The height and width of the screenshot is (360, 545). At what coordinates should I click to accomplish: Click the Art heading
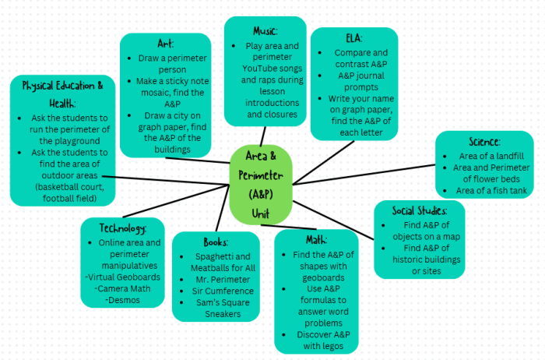[x=164, y=44]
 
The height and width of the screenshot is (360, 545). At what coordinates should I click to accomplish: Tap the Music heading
[x=265, y=30]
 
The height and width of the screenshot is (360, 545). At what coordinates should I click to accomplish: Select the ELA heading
[x=353, y=39]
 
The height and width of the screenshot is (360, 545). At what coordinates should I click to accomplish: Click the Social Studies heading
[x=420, y=211]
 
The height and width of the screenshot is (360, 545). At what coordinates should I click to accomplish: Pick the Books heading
[x=215, y=242]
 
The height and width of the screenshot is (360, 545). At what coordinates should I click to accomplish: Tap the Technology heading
[x=124, y=228]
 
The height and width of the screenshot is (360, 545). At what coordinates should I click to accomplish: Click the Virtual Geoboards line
[x=125, y=277]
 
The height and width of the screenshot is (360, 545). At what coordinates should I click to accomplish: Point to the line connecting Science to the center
[x=366, y=174]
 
